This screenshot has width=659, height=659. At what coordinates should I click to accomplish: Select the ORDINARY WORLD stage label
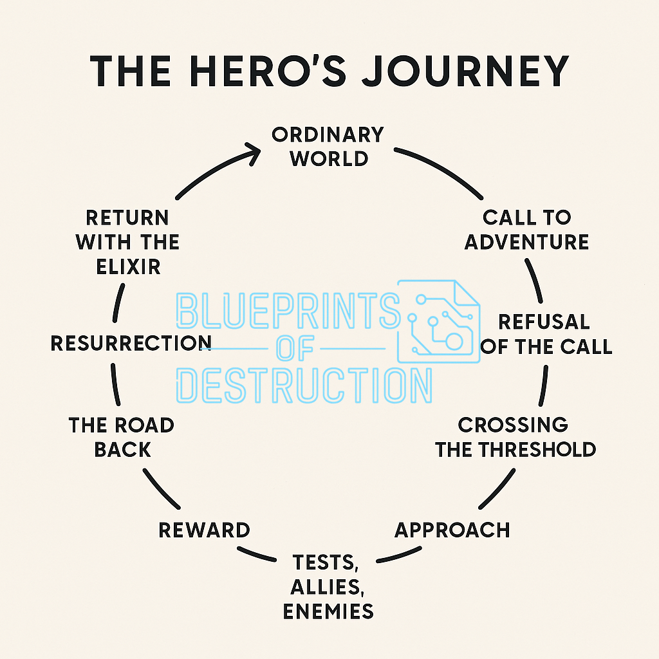tap(328, 147)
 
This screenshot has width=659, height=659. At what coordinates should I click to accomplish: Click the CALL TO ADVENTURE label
tap(526, 230)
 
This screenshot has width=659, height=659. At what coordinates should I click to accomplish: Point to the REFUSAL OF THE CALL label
tap(546, 334)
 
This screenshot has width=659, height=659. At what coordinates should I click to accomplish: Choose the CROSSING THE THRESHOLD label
tap(515, 436)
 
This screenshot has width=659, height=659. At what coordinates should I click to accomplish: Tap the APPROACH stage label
tap(452, 530)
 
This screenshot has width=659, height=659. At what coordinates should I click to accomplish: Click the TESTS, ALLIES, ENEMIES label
tap(328, 586)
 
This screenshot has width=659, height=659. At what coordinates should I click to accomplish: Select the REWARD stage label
tap(204, 530)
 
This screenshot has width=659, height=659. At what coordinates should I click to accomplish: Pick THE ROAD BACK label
tap(122, 436)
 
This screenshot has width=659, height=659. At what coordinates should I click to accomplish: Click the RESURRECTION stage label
tap(131, 342)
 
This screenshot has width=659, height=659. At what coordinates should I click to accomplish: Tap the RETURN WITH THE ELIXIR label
tap(127, 241)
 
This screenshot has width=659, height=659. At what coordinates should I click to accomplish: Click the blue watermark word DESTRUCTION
tap(304, 385)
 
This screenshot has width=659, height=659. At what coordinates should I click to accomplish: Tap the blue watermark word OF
tap(295, 349)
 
